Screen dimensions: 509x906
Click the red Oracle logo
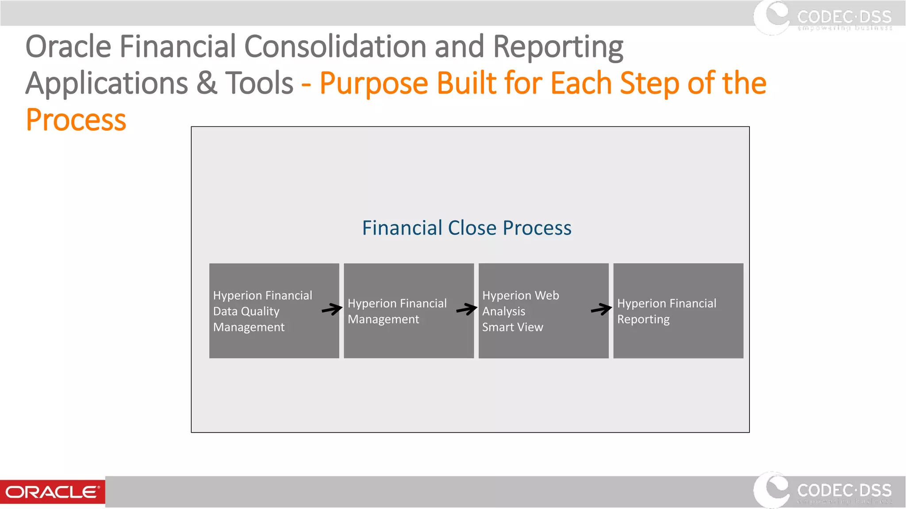coord(52,492)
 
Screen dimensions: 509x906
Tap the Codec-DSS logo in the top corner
coord(823,18)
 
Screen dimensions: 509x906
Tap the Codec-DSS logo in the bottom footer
coord(823,491)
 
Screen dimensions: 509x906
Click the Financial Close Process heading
coord(467,228)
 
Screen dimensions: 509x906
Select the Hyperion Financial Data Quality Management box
coord(274,311)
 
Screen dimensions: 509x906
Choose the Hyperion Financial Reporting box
coord(678,311)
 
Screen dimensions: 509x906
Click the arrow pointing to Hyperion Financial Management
coord(332,309)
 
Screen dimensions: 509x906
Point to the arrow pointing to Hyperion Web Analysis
coord(466,309)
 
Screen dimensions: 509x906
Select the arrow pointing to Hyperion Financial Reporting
coord(601,309)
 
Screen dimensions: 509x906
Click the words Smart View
coord(512,327)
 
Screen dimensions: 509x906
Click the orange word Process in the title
coord(76,120)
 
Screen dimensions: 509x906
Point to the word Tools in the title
coord(259,83)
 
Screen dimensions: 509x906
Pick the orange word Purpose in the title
coord(374,83)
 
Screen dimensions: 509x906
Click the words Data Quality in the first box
coord(246,311)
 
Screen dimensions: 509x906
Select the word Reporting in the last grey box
coord(643,319)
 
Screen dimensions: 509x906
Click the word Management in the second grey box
coord(383,319)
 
